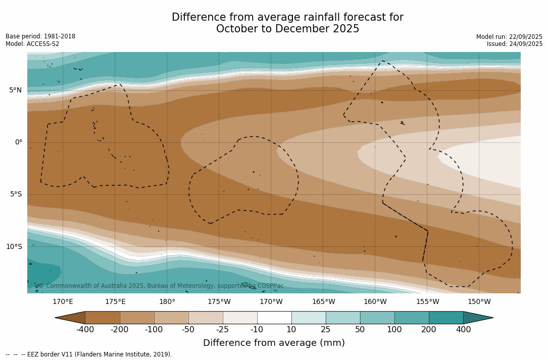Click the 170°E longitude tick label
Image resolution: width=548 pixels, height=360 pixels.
(63, 302)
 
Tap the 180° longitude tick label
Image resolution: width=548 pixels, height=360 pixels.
(167, 302)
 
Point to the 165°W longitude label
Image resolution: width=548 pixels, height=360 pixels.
(323, 302)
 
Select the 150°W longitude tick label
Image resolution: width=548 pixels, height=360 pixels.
(479, 302)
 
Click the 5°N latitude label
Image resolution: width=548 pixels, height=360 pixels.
(16, 90)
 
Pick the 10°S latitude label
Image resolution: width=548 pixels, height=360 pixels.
(14, 247)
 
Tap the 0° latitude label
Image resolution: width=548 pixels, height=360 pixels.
(19, 142)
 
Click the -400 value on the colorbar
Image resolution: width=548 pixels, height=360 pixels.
(85, 330)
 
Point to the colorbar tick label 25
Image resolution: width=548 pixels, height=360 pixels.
(326, 330)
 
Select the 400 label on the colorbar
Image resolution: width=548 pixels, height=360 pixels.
(463, 330)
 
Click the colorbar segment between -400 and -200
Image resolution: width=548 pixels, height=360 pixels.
(103, 318)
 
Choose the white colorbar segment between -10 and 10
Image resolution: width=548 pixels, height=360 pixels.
(274, 318)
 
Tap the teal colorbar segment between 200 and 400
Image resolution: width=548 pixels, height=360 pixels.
(446, 318)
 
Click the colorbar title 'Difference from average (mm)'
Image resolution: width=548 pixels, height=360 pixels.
(274, 343)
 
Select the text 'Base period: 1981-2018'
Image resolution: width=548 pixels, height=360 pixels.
(40, 36)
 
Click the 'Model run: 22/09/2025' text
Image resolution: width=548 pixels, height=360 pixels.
(509, 37)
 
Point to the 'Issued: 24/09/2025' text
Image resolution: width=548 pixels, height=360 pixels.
(515, 44)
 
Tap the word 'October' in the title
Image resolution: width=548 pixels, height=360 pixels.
(238, 29)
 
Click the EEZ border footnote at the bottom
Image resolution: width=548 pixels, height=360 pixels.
(89, 354)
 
